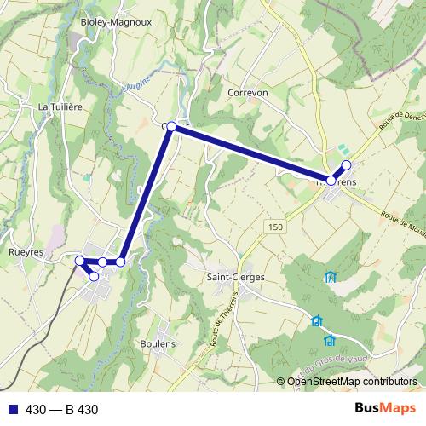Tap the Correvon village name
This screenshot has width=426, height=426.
coord(248,92)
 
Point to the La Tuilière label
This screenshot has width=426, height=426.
coord(59,107)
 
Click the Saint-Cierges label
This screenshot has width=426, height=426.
coord(236,277)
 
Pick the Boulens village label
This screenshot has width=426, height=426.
coord(158,343)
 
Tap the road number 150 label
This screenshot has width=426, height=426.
coord(273,227)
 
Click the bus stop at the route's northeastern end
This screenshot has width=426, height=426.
coord(346,164)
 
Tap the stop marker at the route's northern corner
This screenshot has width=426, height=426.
coord(171,126)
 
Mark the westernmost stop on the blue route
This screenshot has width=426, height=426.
coord(79,260)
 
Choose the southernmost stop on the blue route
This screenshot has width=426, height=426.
coord(94,276)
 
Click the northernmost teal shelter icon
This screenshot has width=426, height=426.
coord(330,277)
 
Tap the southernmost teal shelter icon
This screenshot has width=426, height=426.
coord(329,341)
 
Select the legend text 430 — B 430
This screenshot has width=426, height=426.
coord(62,410)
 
